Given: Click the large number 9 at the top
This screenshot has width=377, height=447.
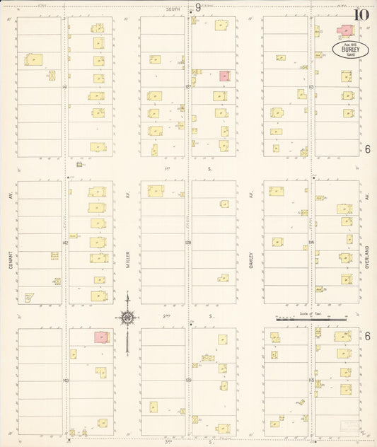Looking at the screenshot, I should (x=197, y=8).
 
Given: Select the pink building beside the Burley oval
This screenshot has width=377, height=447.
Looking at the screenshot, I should (x=345, y=31).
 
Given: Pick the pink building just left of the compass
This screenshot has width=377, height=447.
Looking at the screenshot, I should (x=101, y=337).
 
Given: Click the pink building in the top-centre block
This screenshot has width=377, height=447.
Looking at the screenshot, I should (x=224, y=76).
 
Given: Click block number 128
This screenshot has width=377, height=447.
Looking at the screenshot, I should (x=189, y=242).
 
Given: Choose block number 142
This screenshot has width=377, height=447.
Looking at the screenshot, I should (x=65, y=242).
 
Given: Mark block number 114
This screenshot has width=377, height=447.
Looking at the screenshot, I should (x=311, y=242).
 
